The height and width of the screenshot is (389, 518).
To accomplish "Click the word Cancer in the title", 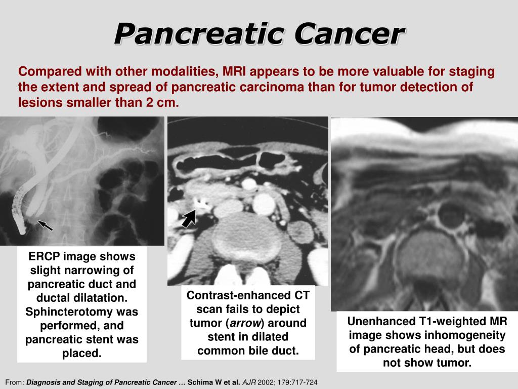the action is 350,33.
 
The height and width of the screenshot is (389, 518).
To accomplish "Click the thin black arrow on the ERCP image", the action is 45,225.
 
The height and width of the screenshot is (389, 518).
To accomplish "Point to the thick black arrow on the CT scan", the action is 189,218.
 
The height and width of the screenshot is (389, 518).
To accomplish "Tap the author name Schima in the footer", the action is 198,382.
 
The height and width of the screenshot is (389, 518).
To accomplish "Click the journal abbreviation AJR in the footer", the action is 249,382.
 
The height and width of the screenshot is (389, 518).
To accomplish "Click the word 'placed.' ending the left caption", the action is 81,353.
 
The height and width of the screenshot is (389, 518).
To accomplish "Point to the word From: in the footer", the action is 15,382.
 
